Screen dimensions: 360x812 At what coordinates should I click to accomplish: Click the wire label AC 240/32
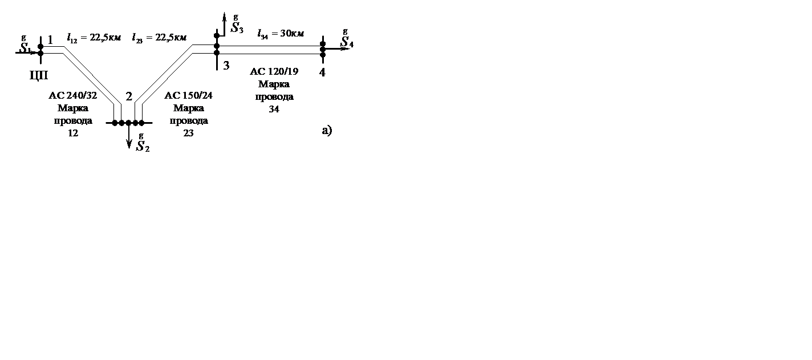(72, 95)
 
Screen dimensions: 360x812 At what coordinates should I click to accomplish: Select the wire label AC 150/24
(188, 95)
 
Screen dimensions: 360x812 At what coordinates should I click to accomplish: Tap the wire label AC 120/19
(274, 71)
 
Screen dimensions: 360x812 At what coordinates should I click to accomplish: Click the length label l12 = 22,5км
(94, 38)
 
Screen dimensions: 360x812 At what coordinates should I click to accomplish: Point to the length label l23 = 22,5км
(159, 38)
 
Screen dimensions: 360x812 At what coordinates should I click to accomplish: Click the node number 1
(50, 40)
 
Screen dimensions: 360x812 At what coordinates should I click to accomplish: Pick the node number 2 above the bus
(129, 96)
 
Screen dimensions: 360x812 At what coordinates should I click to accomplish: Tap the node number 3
(226, 66)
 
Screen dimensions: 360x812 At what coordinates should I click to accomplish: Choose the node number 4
(322, 72)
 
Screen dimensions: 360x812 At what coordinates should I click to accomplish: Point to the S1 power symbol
(25, 48)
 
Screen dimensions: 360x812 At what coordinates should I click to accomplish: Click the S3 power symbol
(237, 27)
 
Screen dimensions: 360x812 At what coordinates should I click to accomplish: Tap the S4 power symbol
(347, 42)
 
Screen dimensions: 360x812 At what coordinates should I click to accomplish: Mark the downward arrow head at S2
(129, 144)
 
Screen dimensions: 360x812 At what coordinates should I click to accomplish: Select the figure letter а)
(327, 131)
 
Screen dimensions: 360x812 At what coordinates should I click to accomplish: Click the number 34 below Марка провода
(274, 110)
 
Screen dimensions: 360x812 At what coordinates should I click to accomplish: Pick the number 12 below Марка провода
(72, 134)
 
